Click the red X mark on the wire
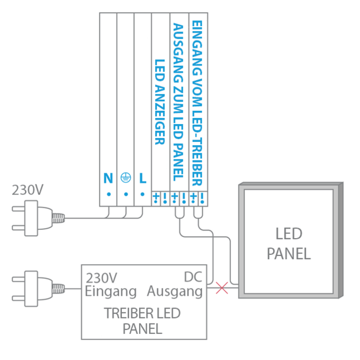point(222,287)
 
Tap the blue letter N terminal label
point(108,178)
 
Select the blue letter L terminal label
point(143,178)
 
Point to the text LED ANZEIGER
point(160,102)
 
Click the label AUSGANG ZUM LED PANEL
point(178,102)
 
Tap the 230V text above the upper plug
point(28,190)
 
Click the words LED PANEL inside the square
point(288,244)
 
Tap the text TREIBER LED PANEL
point(142,321)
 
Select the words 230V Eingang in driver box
point(111,284)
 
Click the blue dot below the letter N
point(109,194)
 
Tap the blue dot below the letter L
point(143,194)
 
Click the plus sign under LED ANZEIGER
point(156,197)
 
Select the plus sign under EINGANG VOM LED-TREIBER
point(193,197)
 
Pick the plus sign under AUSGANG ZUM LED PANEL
point(174,197)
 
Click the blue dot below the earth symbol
point(126,194)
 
